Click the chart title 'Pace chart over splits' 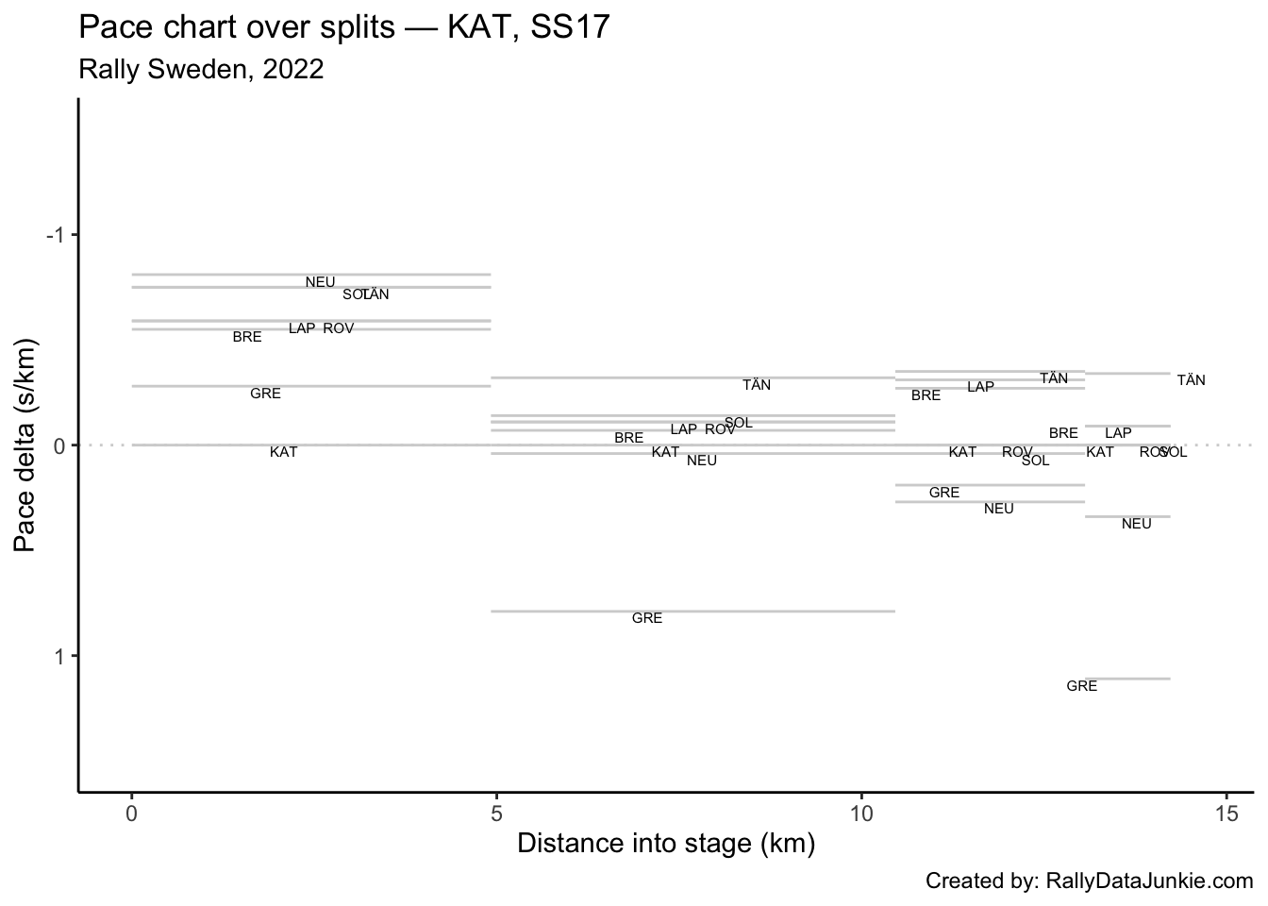coord(344,27)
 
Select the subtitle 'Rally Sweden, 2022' coord(202,70)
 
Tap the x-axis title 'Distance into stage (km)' coord(666,843)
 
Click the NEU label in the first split coord(320,282)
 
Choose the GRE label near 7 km coord(647,619)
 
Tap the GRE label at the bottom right coord(1081,687)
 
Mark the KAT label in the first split coord(284,453)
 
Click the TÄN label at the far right coord(1191,381)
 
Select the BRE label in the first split coord(247,338)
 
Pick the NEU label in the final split coord(1137,525)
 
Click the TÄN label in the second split coord(757,386)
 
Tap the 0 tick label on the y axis coord(58,445)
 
